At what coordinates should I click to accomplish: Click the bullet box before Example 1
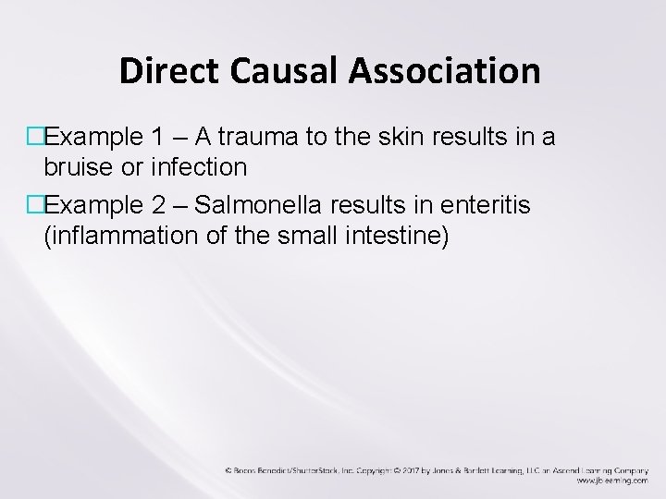36,139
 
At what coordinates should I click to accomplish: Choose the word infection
204,167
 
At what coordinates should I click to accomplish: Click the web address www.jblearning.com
606,481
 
